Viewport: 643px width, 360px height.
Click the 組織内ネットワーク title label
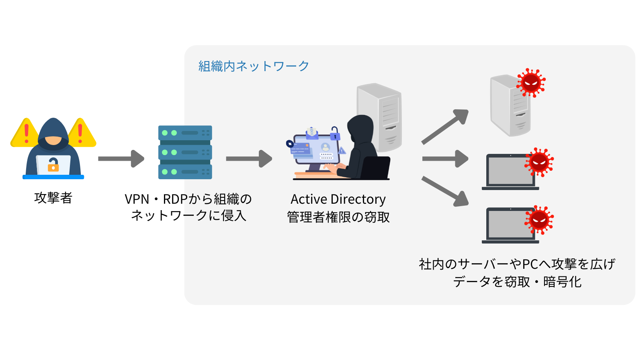coord(254,66)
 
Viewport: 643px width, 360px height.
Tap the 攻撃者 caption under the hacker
coord(53,198)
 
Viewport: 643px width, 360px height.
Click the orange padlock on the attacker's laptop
coord(53,165)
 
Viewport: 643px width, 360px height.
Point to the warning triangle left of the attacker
coord(25,134)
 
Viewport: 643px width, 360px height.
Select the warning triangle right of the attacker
coord(81,134)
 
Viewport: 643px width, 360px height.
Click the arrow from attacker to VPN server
coord(121,159)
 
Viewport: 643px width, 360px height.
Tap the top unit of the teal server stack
coord(185,133)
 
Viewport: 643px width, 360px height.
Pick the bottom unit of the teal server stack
coord(185,172)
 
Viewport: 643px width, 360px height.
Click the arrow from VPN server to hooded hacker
coord(249,159)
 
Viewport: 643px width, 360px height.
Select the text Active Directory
coord(338,199)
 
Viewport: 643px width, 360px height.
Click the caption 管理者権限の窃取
coord(338,217)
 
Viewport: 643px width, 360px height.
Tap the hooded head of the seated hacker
coord(360,127)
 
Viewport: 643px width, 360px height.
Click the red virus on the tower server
coord(531,83)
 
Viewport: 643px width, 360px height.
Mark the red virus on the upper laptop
coord(539,162)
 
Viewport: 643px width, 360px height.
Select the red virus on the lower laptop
coord(539,219)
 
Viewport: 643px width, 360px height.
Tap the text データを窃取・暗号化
coord(517,282)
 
